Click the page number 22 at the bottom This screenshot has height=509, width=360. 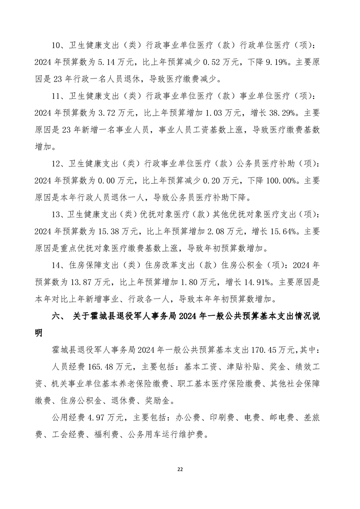point(180,469)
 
